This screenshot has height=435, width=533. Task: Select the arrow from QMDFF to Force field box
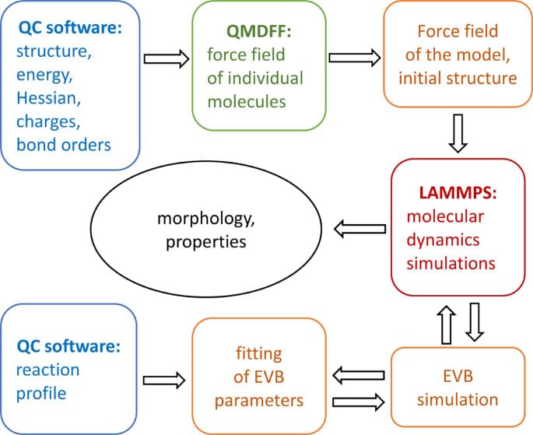355,58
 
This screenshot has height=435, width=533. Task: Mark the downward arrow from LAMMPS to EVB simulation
478,320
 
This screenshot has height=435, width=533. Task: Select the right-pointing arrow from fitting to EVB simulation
359,402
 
